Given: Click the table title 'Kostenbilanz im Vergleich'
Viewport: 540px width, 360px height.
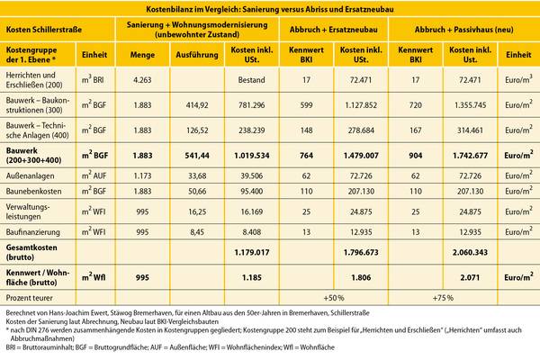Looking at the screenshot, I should coord(270,8).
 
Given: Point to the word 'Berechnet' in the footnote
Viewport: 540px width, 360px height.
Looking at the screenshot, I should coord(21,310).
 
